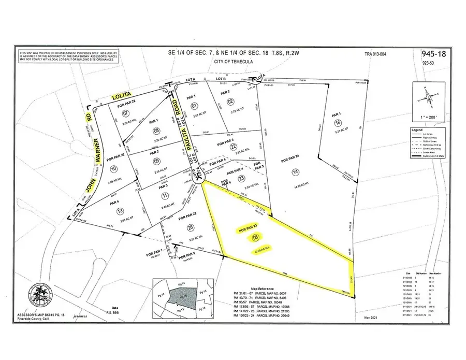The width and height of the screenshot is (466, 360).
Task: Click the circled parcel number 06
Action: pos(254,238)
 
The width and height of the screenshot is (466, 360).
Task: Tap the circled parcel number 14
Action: pos(296,171)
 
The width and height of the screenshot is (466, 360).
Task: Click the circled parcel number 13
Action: pos(121,210)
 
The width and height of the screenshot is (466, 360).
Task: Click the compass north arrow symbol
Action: pos(425,95)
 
